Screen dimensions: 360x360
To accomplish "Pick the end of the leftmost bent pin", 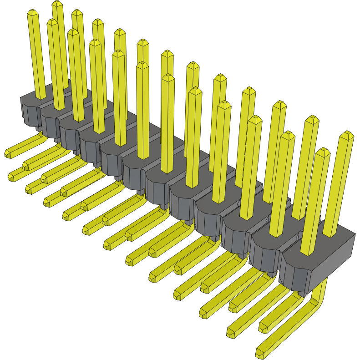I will (x=8, y=154).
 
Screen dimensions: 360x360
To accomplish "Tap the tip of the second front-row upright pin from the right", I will (x=287, y=136).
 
